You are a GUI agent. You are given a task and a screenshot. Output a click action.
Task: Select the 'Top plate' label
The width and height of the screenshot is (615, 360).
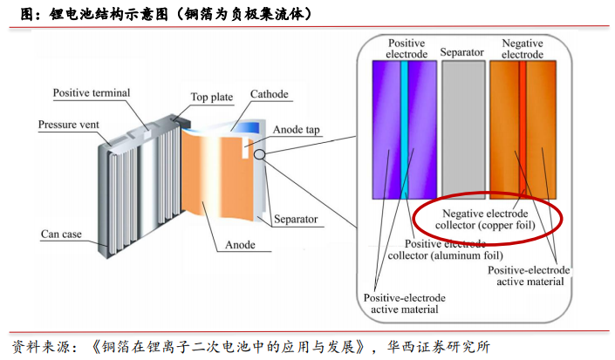click(x=210, y=96)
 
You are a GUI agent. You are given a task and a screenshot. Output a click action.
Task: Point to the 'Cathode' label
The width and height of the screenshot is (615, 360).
click(x=269, y=94)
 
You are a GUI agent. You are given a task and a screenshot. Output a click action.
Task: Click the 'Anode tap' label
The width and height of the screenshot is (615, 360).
click(x=296, y=130)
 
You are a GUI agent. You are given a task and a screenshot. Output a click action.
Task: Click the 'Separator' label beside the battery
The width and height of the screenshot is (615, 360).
click(x=295, y=219)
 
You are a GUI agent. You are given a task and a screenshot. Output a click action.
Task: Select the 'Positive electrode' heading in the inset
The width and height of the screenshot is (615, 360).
click(x=407, y=48)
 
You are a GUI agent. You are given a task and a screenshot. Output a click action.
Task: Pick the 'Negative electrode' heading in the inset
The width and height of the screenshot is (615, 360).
click(x=522, y=48)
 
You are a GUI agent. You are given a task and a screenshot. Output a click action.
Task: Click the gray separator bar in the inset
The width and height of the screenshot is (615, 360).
click(x=461, y=131)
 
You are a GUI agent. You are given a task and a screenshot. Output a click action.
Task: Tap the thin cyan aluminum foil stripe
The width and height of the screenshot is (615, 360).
click(x=405, y=131)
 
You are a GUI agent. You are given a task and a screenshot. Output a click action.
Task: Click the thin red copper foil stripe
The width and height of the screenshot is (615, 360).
click(x=522, y=131)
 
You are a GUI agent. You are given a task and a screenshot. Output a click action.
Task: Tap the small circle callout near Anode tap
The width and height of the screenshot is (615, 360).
click(x=259, y=155)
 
